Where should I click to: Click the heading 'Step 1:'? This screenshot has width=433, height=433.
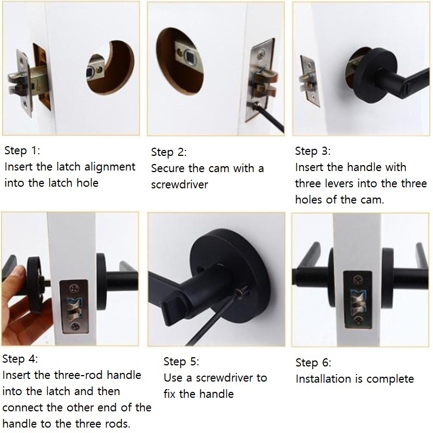(22, 151)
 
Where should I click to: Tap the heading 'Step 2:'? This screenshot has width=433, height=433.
(169, 152)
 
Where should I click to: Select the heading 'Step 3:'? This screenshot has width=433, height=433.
(313, 151)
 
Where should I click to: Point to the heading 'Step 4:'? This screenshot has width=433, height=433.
(20, 359)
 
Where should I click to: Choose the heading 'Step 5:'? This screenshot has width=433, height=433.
(181, 362)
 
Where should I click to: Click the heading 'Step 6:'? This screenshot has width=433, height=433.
(313, 363)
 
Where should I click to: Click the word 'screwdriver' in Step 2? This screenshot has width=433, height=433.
(180, 185)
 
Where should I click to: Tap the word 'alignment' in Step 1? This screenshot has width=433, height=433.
(110, 167)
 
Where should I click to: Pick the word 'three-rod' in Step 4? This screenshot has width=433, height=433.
(78, 375)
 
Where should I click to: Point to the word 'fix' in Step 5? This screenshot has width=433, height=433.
(169, 394)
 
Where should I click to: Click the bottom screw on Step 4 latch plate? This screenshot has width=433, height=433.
(75, 326)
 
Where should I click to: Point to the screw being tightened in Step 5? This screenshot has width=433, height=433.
(243, 291)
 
